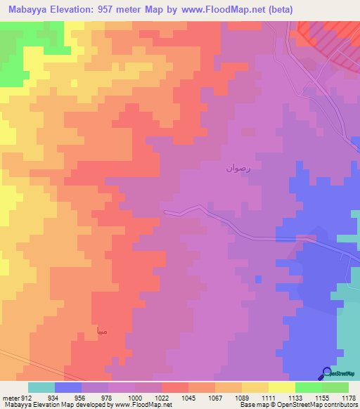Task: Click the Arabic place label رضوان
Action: (237, 168)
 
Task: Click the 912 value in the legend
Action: (27, 398)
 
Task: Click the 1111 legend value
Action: (267, 398)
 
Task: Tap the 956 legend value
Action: (80, 398)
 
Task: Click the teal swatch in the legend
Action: (41, 387)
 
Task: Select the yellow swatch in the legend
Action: (281, 387)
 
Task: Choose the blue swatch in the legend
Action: (67, 387)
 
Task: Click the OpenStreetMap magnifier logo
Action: (327, 373)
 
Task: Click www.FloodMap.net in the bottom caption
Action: (137, 405)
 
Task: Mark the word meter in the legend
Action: (11, 398)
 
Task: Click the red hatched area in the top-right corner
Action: (330, 39)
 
